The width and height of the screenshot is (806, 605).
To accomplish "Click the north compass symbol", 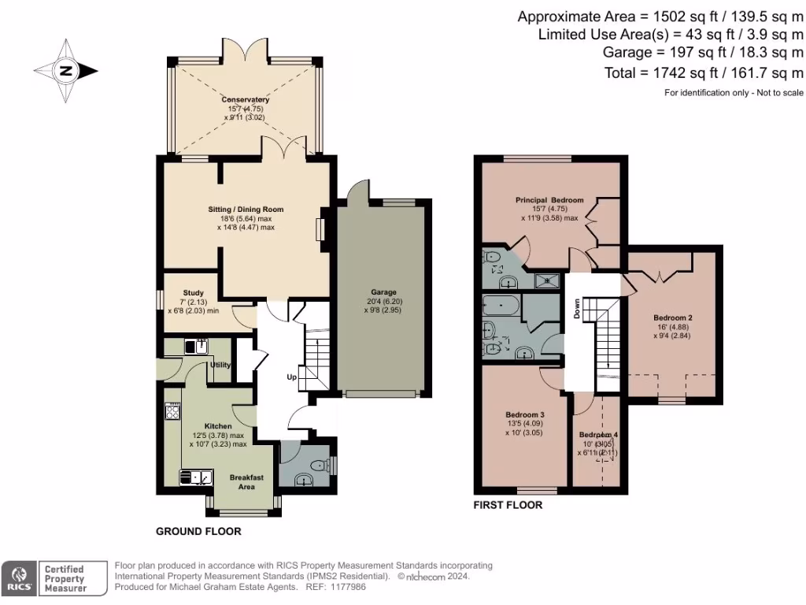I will [x=65, y=71].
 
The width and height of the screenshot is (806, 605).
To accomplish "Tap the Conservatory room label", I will [x=245, y=100].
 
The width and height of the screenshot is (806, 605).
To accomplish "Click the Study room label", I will [x=193, y=293].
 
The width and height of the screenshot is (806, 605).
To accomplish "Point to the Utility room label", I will [x=220, y=366].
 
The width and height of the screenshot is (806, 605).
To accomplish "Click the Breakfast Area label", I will [x=242, y=482].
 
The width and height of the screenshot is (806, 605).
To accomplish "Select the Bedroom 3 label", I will [x=523, y=414].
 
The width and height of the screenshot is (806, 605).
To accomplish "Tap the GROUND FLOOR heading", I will [x=198, y=532].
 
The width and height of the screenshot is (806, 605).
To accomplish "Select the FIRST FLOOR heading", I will [x=508, y=505].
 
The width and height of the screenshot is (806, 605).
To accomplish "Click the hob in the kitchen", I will [x=172, y=411].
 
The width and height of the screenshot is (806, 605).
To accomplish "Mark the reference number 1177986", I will [x=349, y=587].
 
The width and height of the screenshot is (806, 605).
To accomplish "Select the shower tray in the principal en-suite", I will [x=542, y=277].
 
